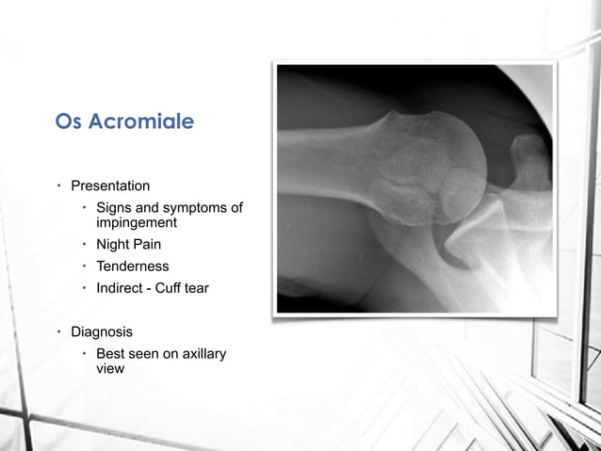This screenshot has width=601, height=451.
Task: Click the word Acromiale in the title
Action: coord(140,123)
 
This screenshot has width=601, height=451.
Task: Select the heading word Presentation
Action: coord(110,186)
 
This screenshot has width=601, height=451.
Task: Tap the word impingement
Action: coord(138,223)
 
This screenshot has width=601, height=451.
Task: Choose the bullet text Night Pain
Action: coord(129,245)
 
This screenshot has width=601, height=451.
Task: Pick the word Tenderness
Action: coord(133,266)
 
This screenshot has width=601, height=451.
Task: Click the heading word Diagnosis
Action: coord(102,332)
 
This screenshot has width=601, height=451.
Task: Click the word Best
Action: coord(112,354)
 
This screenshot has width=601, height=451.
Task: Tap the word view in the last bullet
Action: coord(111,369)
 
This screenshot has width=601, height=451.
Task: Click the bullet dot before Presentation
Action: coord(58,186)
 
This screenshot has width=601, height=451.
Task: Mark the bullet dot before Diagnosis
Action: coord(58,332)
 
